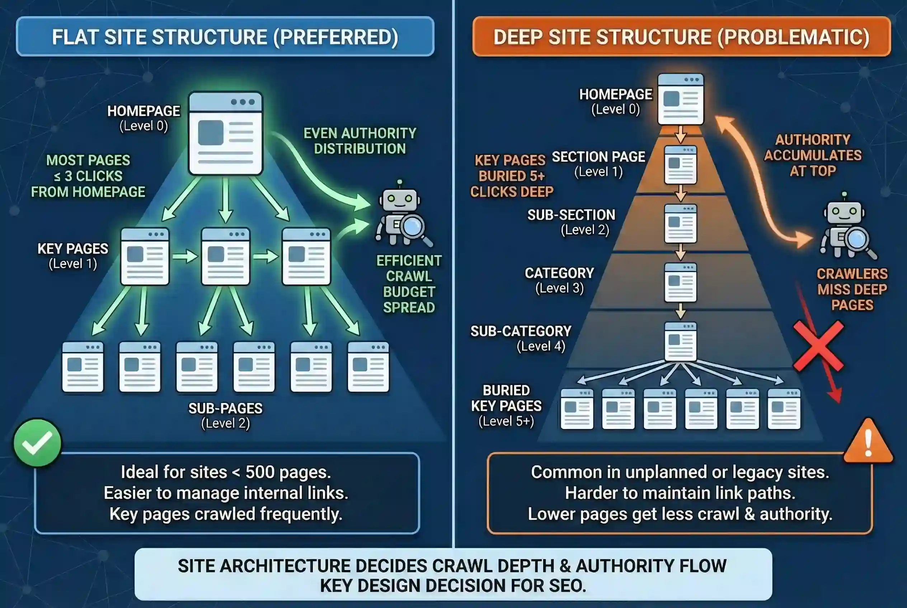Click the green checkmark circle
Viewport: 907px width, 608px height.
pos(37,442)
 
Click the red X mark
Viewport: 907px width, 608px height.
pos(818,346)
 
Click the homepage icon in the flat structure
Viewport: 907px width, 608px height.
pos(225,133)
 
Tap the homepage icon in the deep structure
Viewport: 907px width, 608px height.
pos(680,99)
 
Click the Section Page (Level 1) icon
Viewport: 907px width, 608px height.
pos(680,165)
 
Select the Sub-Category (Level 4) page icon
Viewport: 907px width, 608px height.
pos(680,341)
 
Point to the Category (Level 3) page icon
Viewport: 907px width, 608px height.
pos(680,282)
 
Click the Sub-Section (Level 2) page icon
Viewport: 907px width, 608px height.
pos(680,224)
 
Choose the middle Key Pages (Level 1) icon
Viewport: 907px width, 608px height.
pos(225,257)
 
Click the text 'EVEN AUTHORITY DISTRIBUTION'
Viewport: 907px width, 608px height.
pos(360,141)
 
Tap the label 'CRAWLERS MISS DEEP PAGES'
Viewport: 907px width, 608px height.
pos(852,289)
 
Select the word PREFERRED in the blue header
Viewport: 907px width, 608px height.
pos(336,37)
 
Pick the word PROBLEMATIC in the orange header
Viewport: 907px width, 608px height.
pos(793,37)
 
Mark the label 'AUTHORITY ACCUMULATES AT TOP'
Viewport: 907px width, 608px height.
pos(813,155)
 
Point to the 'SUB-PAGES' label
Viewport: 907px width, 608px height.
pos(225,408)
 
